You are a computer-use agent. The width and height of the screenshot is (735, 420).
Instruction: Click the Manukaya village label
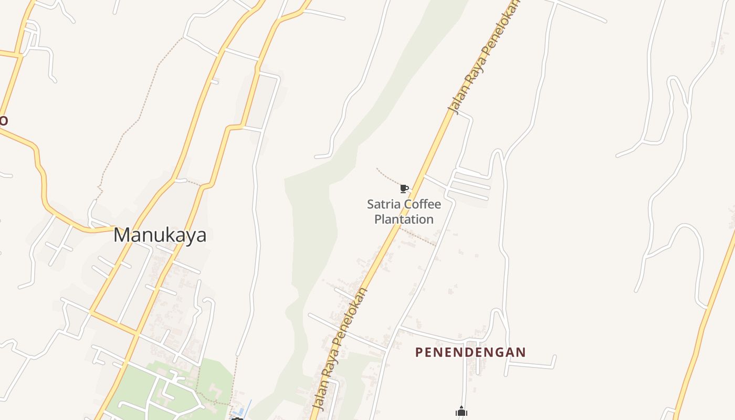160,235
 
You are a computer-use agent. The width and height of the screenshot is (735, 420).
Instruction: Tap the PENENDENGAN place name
470,352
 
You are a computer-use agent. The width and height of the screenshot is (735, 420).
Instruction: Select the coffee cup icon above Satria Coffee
404,188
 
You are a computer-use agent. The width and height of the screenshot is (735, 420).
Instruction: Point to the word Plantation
404,219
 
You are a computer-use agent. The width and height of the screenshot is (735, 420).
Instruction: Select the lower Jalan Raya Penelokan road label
340,349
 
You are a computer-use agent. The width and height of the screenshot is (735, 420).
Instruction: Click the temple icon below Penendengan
461,412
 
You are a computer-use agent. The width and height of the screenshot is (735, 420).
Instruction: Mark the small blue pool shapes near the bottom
240,409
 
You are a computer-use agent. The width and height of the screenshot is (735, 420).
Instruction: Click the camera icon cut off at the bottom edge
237,418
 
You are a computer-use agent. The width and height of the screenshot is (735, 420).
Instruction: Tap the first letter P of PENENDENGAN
419,352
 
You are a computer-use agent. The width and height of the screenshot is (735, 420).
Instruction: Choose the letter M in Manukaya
122,235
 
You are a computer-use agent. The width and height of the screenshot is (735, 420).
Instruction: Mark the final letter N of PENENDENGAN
521,352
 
